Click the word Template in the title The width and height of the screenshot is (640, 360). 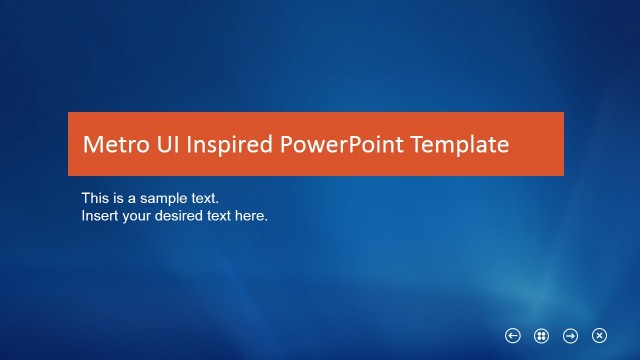click(x=460, y=146)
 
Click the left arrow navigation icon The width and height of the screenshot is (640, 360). click(x=513, y=336)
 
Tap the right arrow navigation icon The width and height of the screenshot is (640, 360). click(x=571, y=336)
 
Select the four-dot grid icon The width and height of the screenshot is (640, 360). click(x=542, y=336)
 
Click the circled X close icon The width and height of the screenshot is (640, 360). click(x=600, y=336)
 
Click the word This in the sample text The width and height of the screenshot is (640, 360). click(x=95, y=198)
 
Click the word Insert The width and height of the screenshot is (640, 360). click(x=99, y=215)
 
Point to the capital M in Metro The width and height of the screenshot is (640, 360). click(x=91, y=145)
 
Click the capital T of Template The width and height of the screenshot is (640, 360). click(x=420, y=145)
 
